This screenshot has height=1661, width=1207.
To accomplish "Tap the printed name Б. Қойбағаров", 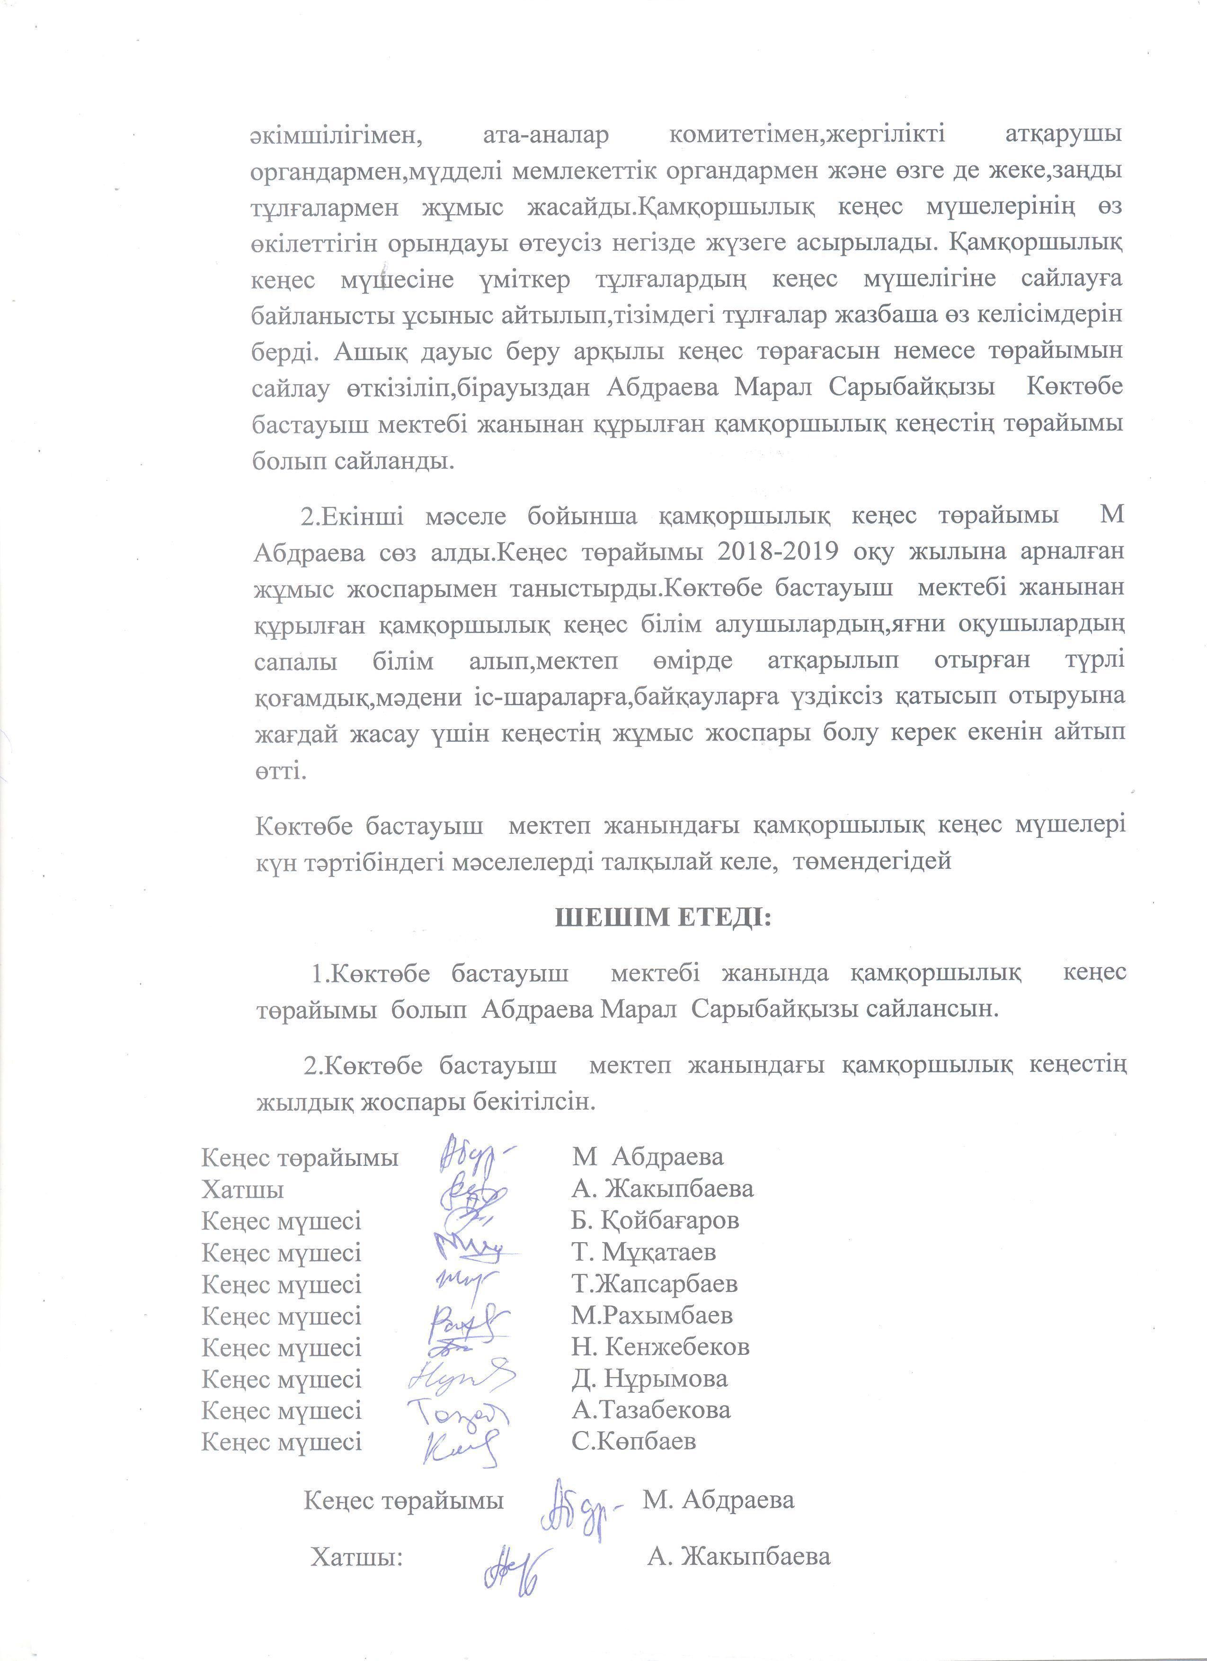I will (655, 1220).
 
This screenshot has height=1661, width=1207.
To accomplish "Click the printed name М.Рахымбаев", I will (652, 1316).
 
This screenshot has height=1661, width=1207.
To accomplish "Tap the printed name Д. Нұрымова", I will (649, 1379).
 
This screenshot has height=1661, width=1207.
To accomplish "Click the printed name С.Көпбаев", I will (633, 1441).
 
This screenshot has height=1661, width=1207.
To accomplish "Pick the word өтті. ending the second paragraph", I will (279, 771).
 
